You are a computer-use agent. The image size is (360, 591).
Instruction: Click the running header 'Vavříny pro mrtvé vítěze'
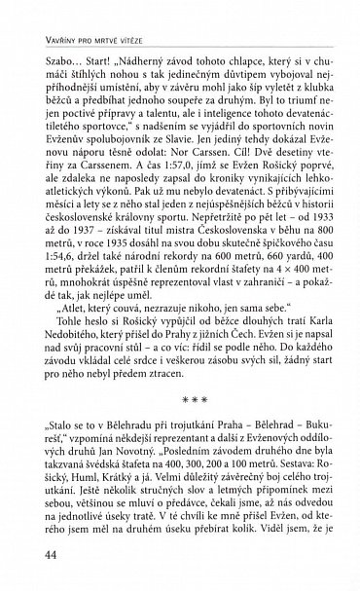(x=86, y=13)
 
